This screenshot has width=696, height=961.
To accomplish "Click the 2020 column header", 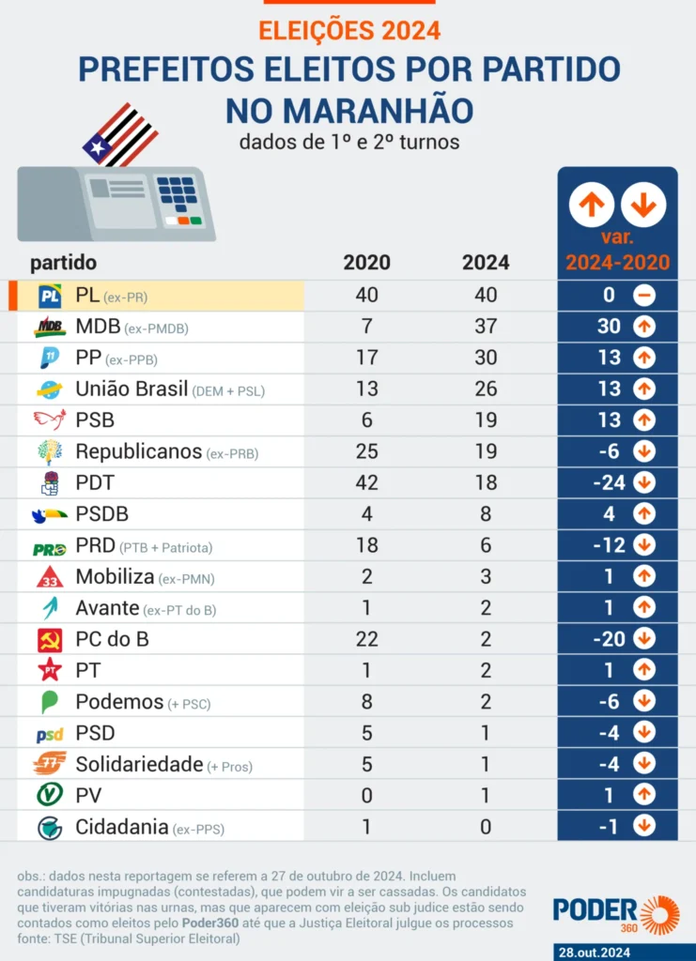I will tap(366, 263).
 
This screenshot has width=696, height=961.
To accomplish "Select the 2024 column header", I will tap(486, 263).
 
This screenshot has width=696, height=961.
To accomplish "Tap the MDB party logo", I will tap(50, 328).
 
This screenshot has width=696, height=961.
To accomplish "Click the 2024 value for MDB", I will tap(486, 327).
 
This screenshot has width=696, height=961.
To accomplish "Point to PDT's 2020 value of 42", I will tap(366, 482).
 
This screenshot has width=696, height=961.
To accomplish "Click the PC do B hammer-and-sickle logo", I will tap(50, 640).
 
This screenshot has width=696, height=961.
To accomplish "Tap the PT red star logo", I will tap(50, 670).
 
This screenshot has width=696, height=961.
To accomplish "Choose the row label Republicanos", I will tap(139, 451).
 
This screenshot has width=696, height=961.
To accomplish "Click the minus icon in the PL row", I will tap(644, 296).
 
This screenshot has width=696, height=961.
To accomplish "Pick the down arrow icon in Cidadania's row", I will tap(644, 826).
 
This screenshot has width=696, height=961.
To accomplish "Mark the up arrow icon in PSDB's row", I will tap(644, 514).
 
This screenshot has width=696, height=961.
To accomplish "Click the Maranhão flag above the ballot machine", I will tap(120, 134).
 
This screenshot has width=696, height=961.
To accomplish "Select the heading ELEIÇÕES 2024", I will tap(348, 31).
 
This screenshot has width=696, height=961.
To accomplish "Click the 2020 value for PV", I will tap(366, 795).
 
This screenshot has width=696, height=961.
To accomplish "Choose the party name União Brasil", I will tap(133, 389).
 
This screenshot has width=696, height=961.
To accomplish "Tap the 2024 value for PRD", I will tap(486, 545).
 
